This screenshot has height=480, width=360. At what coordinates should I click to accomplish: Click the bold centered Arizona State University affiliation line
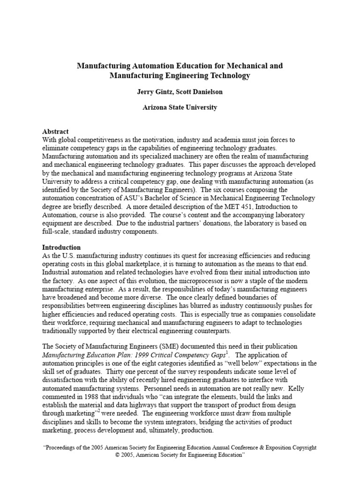(180, 107)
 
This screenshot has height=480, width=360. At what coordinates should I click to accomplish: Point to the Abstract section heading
(55, 132)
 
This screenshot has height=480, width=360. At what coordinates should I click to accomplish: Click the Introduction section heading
(61, 247)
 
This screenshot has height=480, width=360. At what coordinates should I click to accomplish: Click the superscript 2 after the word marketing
(98, 412)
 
